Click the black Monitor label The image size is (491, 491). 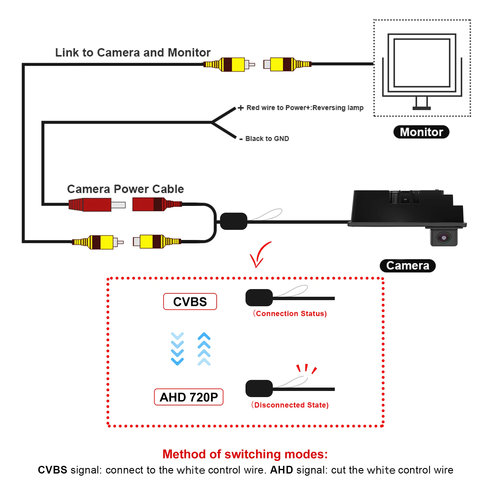click(421, 132)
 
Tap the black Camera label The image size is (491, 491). click(408, 265)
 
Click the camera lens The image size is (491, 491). click(444, 238)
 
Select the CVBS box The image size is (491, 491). click(190, 302)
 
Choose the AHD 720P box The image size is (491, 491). click(188, 397)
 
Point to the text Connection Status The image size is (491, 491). click(290, 313)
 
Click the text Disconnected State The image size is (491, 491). click(290, 405)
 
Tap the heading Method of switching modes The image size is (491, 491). click(245, 454)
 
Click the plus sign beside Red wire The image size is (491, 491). click(241, 108)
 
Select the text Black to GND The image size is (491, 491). click(267, 139)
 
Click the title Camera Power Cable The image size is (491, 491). click(126, 189)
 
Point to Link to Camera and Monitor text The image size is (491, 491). click(133, 52)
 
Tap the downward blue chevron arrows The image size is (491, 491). click(177, 349)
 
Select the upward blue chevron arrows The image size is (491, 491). click(204, 349)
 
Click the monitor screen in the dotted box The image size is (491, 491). click(422, 63)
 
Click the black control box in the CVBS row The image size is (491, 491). click(259, 298)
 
